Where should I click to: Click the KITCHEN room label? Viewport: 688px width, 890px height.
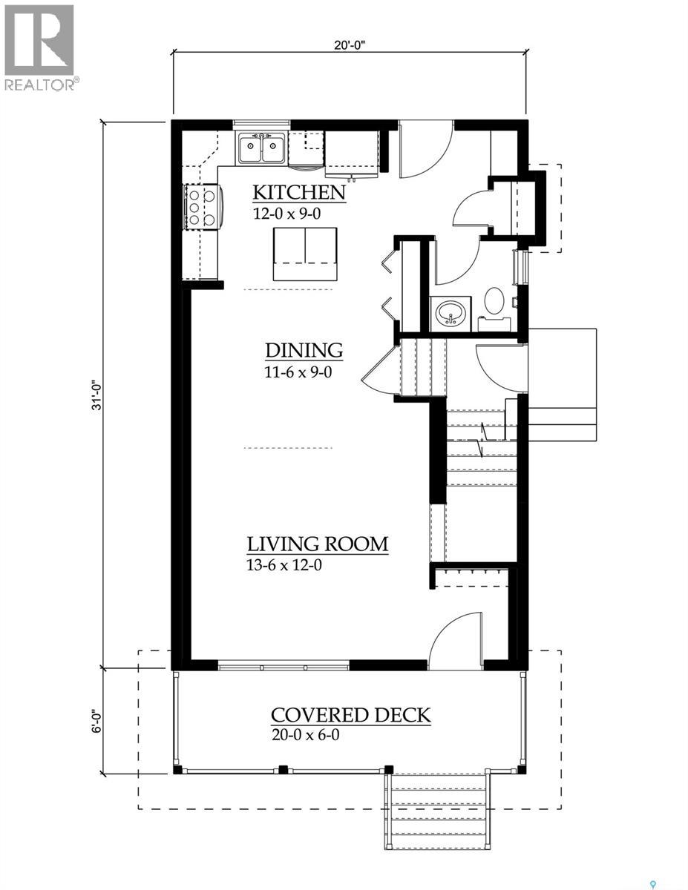299,192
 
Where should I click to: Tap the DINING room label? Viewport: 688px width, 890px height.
304,350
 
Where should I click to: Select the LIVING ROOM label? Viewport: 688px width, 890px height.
318,544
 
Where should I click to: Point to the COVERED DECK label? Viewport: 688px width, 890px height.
350,715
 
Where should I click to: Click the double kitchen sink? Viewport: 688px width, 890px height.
261,151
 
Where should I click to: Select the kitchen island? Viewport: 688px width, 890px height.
304,254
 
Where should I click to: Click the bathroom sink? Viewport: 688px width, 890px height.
450,312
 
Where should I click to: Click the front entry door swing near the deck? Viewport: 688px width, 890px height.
456,637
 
